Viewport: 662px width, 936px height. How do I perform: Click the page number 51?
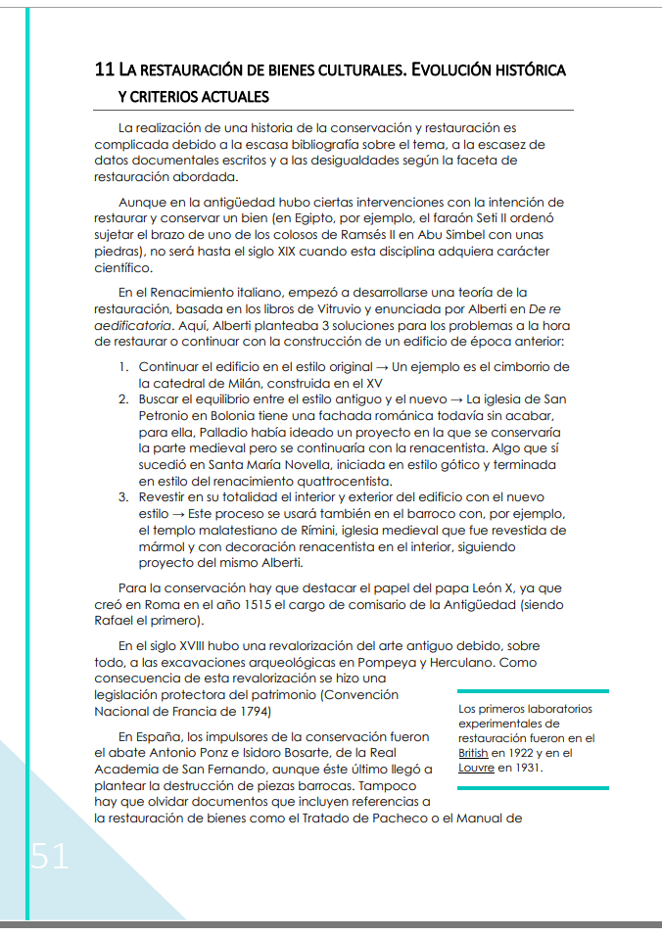50,856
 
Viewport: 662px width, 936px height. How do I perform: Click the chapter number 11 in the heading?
104,70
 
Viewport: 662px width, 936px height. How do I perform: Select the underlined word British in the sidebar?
473,753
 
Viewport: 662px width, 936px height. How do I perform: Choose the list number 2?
123,399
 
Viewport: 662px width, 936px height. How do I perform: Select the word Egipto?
327,218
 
